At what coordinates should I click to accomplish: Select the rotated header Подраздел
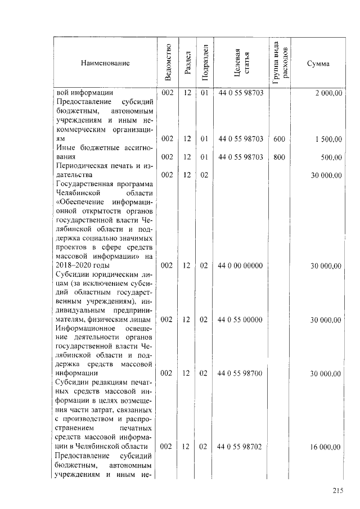(x=204, y=63)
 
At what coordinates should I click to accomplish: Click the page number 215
(x=337, y=491)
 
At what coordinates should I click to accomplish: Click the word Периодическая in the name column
(x=81, y=166)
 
